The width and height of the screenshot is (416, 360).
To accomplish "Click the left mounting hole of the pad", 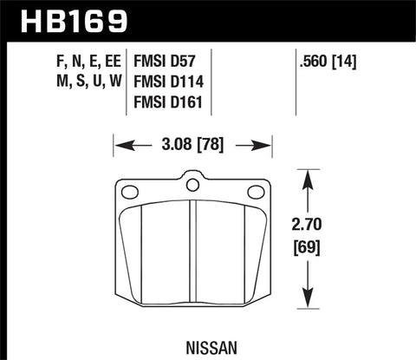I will point(133,192).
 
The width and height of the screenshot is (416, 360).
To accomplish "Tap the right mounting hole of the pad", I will point(255,192).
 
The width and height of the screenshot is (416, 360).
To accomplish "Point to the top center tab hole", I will point(194,183).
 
